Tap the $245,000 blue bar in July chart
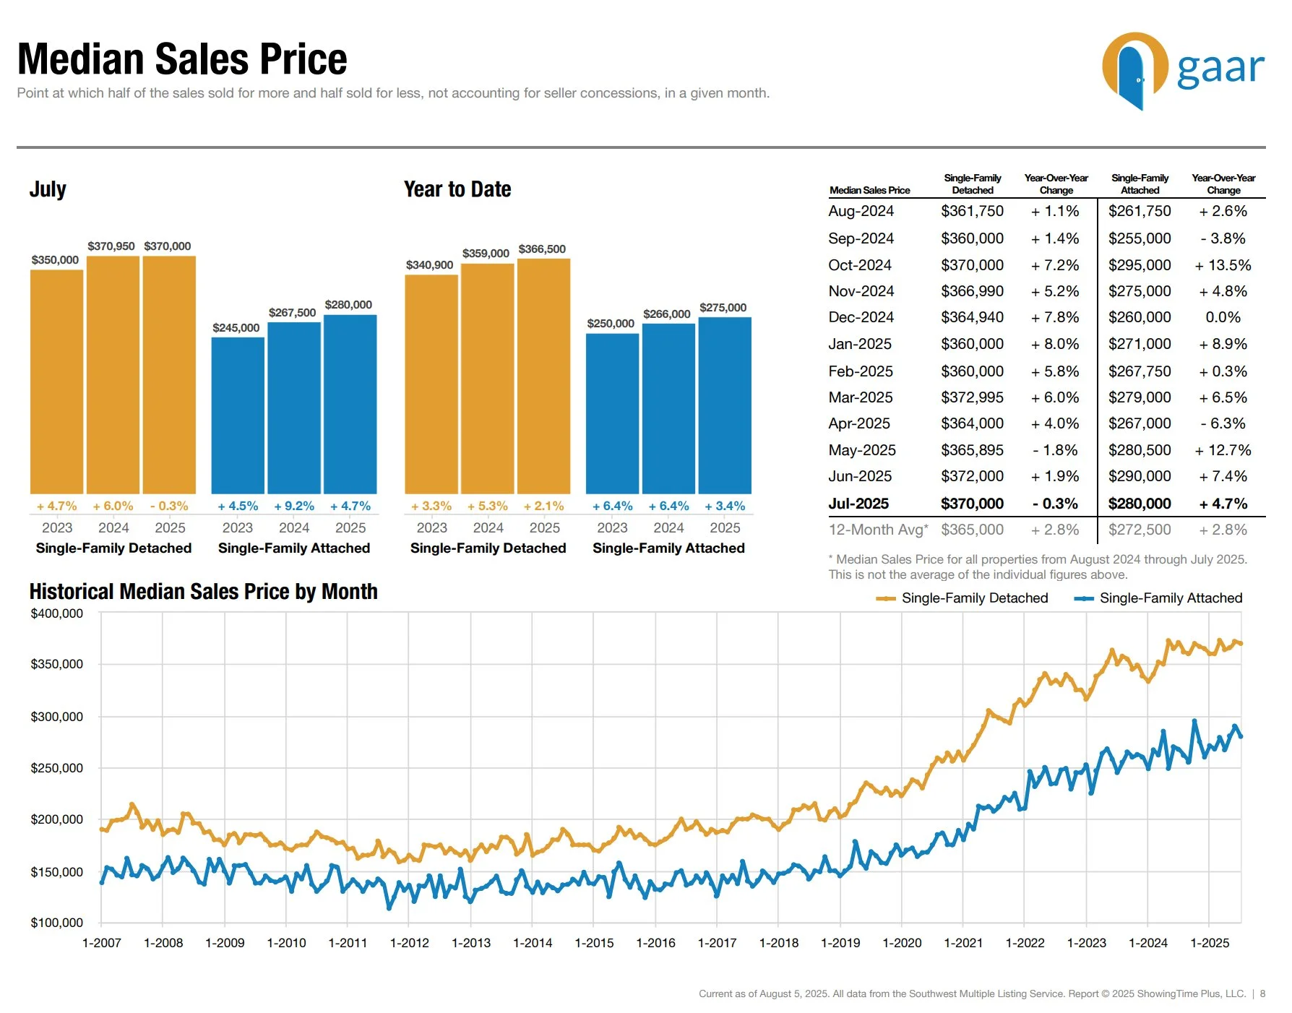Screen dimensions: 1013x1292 click(x=238, y=415)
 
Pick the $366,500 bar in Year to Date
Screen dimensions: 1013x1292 click(x=543, y=376)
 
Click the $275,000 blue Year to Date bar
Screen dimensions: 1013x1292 click(x=725, y=405)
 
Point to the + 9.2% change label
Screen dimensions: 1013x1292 click(x=294, y=506)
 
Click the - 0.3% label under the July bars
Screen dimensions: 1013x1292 click(x=169, y=506)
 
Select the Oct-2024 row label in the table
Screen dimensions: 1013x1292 click(x=860, y=265)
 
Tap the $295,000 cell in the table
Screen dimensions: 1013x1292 click(x=1140, y=265)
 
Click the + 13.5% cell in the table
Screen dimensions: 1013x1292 click(x=1223, y=265)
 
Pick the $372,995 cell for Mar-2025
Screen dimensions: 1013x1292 click(x=972, y=397)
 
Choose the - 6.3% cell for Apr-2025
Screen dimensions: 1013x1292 click(x=1223, y=423)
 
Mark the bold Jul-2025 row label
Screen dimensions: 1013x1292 click(x=858, y=504)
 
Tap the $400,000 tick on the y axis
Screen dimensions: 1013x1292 click(x=56, y=613)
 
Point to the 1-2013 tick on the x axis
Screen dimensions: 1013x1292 click(x=470, y=943)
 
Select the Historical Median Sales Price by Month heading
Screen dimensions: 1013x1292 click(x=203, y=592)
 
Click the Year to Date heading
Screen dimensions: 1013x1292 click(x=457, y=189)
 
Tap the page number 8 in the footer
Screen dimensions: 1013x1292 click(x=1262, y=993)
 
